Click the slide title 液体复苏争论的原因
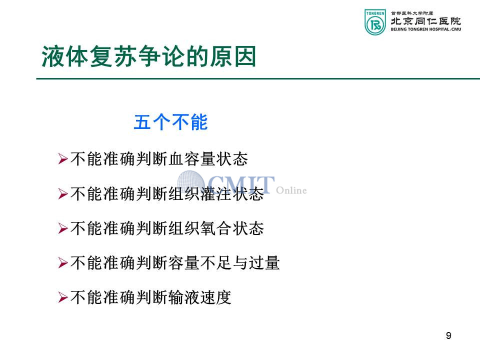pos(149,56)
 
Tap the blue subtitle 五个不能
pos(171,122)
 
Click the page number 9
pos(448,336)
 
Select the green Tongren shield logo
pos(375,22)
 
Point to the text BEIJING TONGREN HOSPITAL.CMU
pos(426,29)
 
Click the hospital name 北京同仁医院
pos(426,21)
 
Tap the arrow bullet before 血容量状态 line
pos(63,159)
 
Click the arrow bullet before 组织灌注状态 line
pos(63,194)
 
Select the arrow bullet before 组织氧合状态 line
pos(63,228)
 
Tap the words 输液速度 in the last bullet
pos(199,297)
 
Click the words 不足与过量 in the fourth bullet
pos(240,263)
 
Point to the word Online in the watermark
pos(291,190)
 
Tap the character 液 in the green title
pos(52,56)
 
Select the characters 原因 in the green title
pos(233,56)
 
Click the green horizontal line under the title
pos(258,78)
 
